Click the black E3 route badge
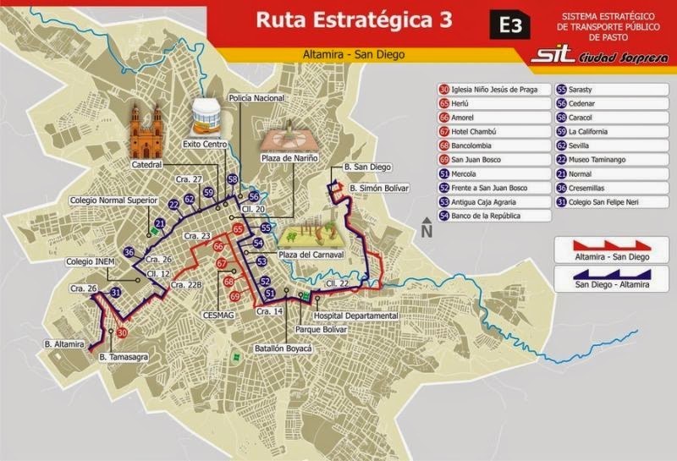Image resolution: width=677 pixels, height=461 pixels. click(x=510, y=25)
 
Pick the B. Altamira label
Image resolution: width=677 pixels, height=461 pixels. click(x=64, y=344)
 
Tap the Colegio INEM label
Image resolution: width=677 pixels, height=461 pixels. click(x=91, y=262)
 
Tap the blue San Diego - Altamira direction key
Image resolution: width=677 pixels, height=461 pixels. click(x=603, y=278)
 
